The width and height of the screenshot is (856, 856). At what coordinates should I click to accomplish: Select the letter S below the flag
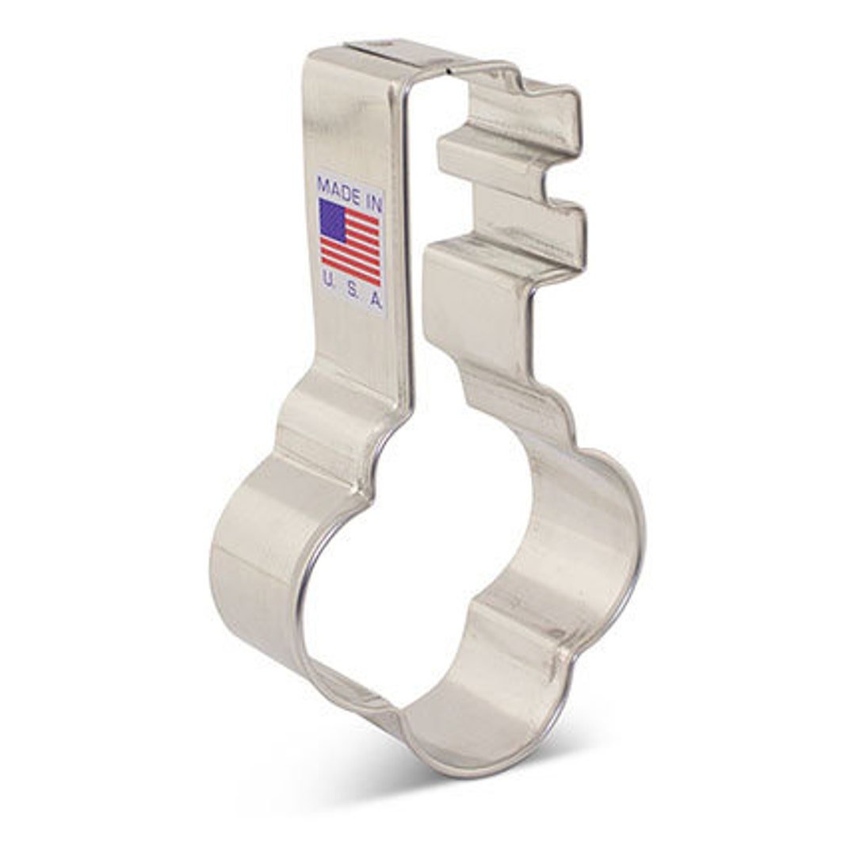(352, 289)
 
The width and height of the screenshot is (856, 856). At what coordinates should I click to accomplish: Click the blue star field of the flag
(332, 220)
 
